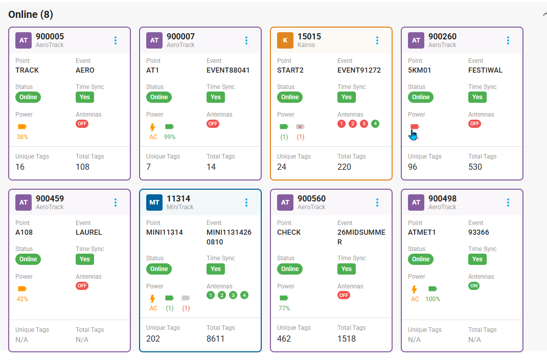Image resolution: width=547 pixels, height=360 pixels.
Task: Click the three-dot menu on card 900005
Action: pyautogui.click(x=116, y=40)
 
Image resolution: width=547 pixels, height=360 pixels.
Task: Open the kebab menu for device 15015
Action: pyautogui.click(x=377, y=40)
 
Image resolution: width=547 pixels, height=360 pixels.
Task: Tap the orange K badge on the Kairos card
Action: pyautogui.click(x=285, y=40)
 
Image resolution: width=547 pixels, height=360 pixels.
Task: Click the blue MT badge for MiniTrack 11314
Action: pyautogui.click(x=154, y=202)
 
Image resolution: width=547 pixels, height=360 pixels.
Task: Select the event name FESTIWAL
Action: pyautogui.click(x=485, y=70)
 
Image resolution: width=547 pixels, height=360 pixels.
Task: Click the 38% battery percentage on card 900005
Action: pyautogui.click(x=22, y=137)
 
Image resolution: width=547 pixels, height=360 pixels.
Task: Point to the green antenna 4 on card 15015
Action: pyautogui.click(x=375, y=123)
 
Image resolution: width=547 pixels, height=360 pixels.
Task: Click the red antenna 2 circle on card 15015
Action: pyautogui.click(x=353, y=123)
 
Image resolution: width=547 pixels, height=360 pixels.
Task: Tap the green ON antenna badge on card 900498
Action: pyautogui.click(x=474, y=286)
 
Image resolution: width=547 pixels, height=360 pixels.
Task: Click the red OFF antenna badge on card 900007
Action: pyautogui.click(x=213, y=123)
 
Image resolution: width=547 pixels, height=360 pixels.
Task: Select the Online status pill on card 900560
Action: pyautogui.click(x=290, y=269)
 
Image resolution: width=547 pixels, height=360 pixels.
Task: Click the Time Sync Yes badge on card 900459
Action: pyautogui.click(x=85, y=259)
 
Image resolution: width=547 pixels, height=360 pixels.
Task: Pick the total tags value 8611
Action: pyautogui.click(x=215, y=339)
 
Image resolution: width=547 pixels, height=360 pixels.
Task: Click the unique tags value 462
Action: pyautogui.click(x=284, y=339)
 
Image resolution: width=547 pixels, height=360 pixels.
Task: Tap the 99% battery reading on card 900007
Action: pyautogui.click(x=170, y=137)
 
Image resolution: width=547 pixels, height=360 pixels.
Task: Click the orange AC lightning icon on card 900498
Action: pyautogui.click(x=415, y=289)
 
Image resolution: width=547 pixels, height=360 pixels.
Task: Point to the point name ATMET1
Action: pyautogui.click(x=422, y=232)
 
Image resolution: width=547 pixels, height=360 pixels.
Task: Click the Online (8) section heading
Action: pyautogui.click(x=31, y=14)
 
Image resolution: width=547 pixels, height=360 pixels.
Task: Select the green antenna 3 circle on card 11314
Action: pyautogui.click(x=233, y=295)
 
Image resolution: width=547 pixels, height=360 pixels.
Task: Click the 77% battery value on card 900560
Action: pyautogui.click(x=284, y=308)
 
